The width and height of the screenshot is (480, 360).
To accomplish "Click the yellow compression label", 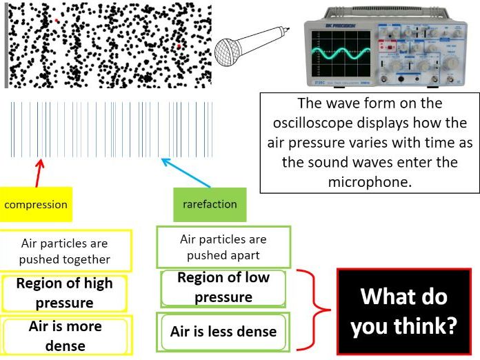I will (x=36, y=205).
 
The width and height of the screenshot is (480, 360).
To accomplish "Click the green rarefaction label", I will (x=210, y=204).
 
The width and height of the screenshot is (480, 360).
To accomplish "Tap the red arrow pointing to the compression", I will (x=39, y=172).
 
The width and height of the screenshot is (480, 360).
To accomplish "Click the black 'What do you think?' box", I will (x=403, y=311).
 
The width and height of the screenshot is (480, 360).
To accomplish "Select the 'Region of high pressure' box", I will (x=64, y=293).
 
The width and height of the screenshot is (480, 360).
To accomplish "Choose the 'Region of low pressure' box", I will (x=223, y=288).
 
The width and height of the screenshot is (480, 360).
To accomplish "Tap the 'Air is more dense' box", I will (x=65, y=336).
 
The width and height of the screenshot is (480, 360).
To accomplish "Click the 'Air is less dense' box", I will (x=223, y=331).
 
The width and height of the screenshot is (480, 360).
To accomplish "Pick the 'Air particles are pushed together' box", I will (x=65, y=251).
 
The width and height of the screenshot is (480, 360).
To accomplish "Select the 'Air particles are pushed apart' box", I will (x=223, y=248).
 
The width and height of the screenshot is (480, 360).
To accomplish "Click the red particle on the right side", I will (x=179, y=46).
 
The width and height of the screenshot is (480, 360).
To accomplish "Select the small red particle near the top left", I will (x=57, y=21).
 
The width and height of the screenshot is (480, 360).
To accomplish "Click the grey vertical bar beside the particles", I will (x=6, y=45).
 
